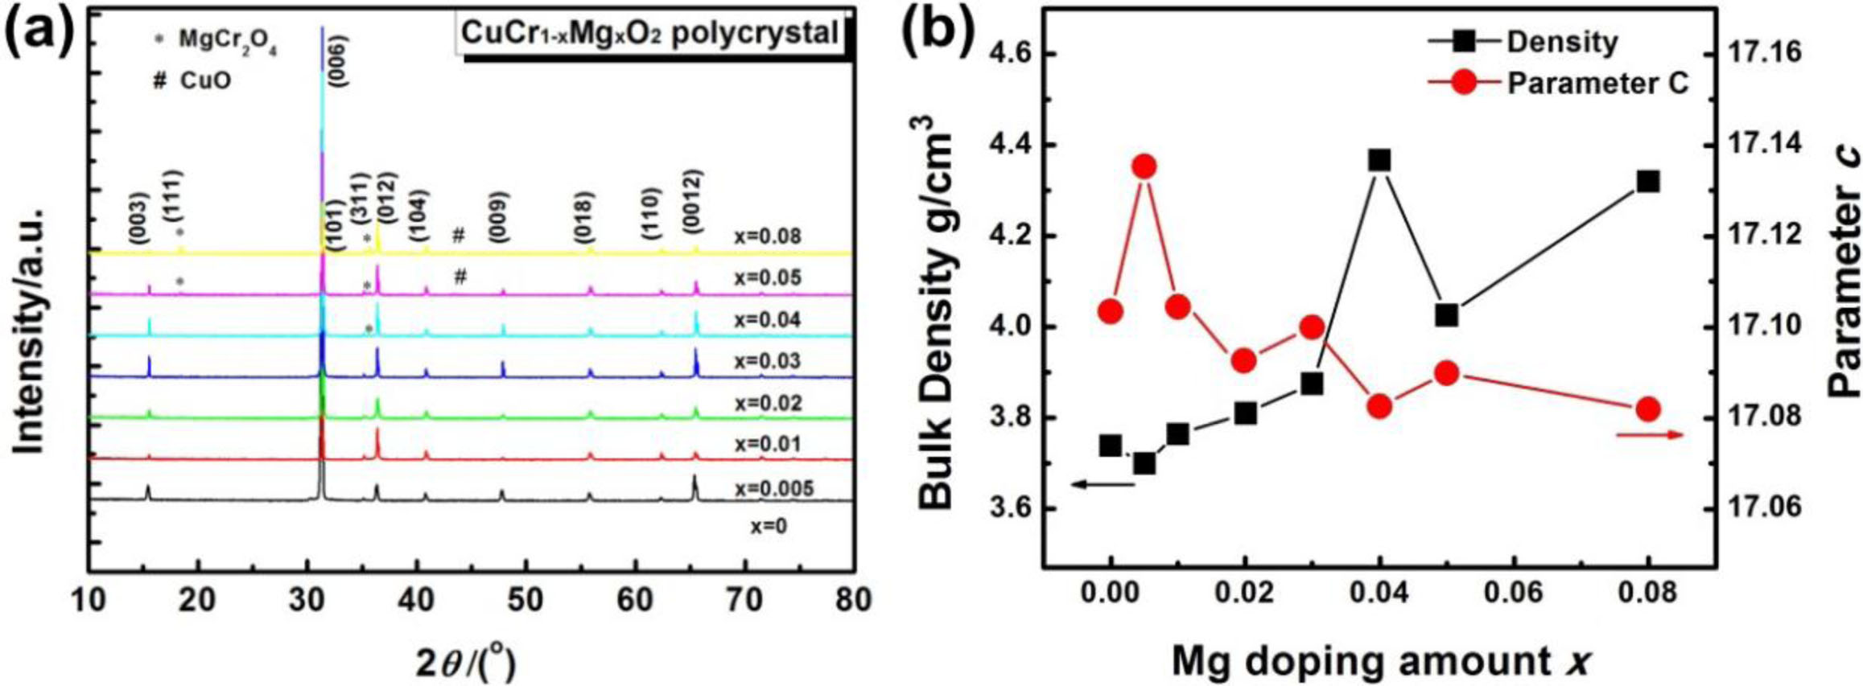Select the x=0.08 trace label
(x=767, y=236)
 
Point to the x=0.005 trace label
(x=773, y=488)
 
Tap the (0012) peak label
(x=694, y=200)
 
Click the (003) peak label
(x=139, y=217)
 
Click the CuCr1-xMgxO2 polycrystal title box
(x=650, y=34)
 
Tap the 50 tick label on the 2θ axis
(x=525, y=599)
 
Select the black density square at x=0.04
(x=1379, y=160)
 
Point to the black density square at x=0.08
(x=1647, y=182)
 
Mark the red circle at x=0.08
(x=1647, y=409)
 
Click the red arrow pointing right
(x=1649, y=435)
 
